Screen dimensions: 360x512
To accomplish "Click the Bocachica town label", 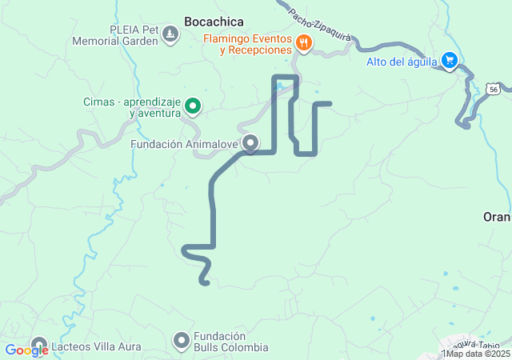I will click(214, 22).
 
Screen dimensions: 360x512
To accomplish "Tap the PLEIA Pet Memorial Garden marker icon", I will click(170, 34).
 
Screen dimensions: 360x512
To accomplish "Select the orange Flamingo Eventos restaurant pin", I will click(303, 43).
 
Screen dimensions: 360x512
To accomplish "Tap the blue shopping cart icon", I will click(450, 60).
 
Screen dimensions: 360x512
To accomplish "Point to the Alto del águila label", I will click(402, 62).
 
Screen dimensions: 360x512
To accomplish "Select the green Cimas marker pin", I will click(193, 106).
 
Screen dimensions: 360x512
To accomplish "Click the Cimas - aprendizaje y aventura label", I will click(132, 107).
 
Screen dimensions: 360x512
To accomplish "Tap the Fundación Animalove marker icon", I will click(250, 143).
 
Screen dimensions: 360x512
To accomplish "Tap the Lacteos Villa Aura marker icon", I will click(39, 346).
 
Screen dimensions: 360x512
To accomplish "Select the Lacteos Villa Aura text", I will click(96, 347).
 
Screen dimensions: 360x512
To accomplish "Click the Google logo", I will click(26, 350).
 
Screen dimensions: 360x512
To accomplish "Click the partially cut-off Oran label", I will click(497, 217).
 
